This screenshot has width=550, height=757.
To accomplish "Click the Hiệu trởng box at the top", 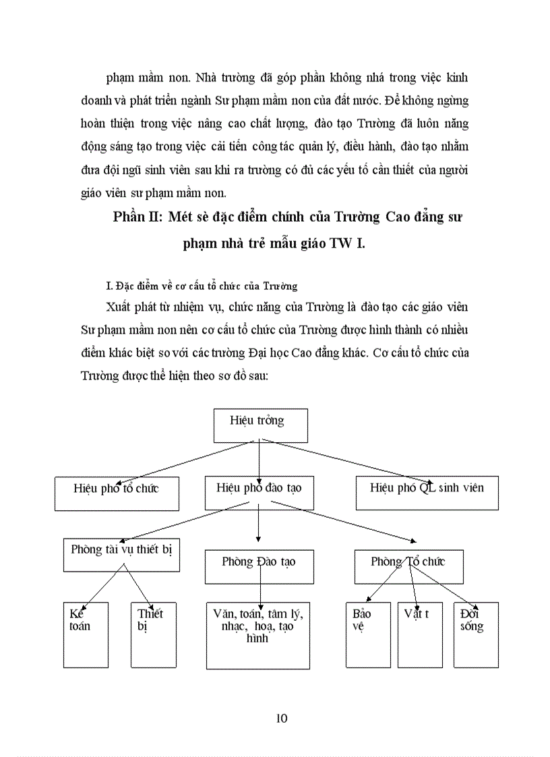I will [260, 425].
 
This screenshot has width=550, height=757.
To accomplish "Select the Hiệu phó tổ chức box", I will [116, 492].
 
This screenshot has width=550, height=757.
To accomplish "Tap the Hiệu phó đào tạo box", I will [259, 492].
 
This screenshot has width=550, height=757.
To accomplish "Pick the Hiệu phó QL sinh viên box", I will [427, 492].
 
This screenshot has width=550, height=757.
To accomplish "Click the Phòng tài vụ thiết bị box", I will [121, 553].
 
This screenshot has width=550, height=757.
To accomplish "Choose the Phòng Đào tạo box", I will [259, 566].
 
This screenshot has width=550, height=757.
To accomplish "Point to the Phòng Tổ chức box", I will [408, 566].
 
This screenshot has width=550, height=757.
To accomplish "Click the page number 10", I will [282, 718].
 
